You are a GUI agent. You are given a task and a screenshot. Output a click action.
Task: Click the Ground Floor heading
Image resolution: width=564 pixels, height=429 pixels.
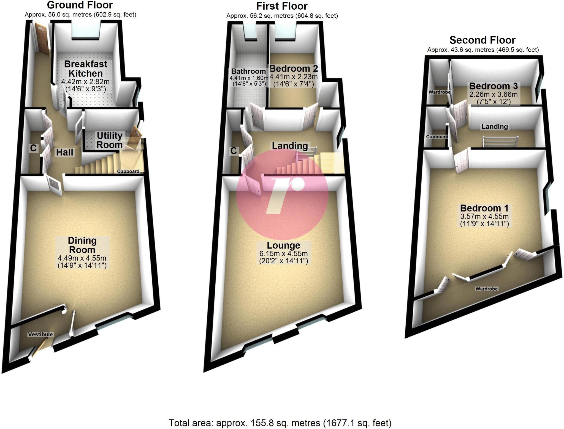[x=80, y=5]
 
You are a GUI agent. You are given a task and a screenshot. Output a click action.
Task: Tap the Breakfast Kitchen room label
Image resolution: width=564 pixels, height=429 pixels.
[x=86, y=69]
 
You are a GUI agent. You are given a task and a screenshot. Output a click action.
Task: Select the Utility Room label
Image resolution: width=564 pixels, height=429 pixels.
[x=109, y=140]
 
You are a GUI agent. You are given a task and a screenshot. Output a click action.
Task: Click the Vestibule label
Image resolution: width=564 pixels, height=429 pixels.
[x=40, y=334]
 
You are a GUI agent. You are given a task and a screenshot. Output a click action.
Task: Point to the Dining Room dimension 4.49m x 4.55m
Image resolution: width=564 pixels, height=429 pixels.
[x=82, y=258]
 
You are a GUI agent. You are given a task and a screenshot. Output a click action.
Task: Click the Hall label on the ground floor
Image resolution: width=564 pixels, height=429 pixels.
[x=65, y=152]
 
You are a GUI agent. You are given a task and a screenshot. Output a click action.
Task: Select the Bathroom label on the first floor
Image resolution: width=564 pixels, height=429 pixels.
[x=248, y=71]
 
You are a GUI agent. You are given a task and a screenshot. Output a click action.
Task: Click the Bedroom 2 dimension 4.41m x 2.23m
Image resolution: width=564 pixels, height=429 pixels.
[x=294, y=77]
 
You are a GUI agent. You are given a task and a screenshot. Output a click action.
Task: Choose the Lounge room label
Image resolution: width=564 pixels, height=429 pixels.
[x=283, y=245]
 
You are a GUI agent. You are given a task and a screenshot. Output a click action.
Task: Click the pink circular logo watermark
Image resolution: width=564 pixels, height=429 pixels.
[x=282, y=195]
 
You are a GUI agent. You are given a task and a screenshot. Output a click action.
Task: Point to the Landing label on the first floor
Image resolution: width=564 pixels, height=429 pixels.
[x=290, y=146]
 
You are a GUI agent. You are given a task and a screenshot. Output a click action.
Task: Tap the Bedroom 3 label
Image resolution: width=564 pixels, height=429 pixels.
[x=493, y=86]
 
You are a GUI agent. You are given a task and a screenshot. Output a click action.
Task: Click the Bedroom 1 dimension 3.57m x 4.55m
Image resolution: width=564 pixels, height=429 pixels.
[x=484, y=216]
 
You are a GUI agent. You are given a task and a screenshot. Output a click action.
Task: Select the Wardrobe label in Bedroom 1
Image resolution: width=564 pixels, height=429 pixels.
[x=486, y=289]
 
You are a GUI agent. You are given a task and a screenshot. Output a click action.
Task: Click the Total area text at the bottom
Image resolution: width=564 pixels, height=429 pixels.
[x=280, y=423]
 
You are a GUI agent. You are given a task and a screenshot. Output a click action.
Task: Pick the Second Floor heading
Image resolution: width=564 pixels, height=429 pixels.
[x=482, y=40]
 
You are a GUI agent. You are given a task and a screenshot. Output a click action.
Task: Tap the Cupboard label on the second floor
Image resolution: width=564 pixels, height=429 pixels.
[x=437, y=137]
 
